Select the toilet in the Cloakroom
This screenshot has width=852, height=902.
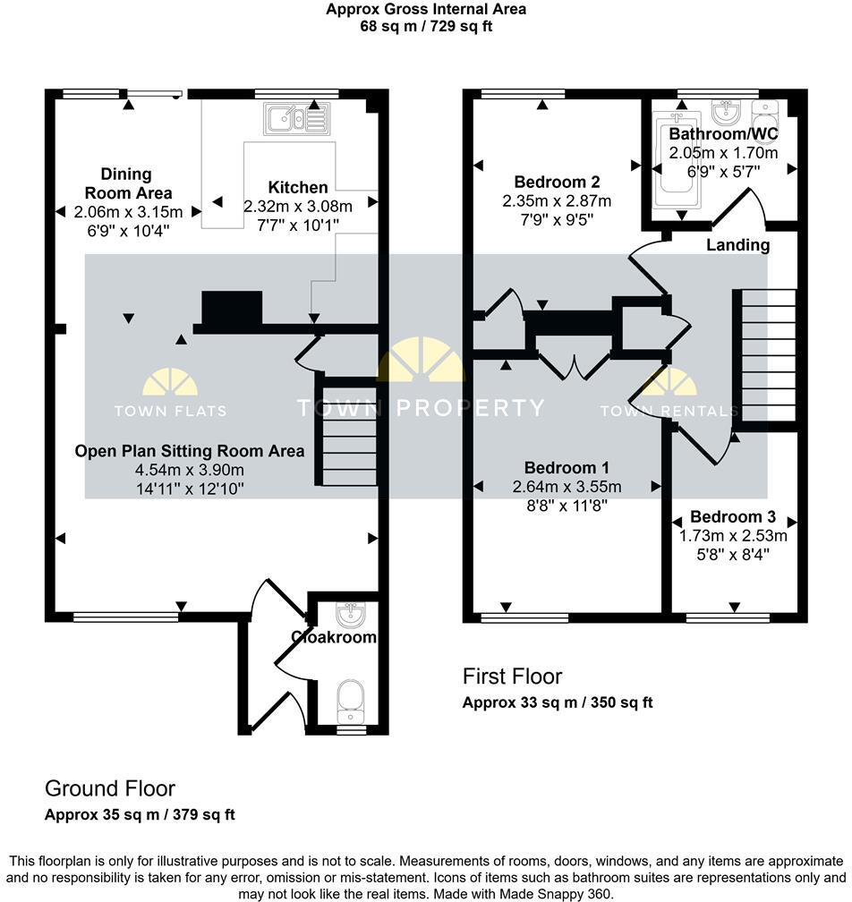(349, 699)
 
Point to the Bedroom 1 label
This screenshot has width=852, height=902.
(567, 468)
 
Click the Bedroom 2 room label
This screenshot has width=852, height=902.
(557, 183)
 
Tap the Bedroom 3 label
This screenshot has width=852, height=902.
(732, 517)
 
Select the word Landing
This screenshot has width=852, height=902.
(737, 244)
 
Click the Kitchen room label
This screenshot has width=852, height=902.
(298, 187)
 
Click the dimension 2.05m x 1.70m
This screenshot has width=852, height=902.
(723, 152)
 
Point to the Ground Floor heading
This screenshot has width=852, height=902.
(110, 788)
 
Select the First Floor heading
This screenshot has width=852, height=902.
(512, 676)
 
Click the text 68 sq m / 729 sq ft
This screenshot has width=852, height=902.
(425, 26)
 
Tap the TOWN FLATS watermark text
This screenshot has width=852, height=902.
(170, 412)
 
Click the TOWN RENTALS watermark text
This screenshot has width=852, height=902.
(669, 412)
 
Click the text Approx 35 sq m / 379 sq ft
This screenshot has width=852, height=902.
(140, 815)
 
